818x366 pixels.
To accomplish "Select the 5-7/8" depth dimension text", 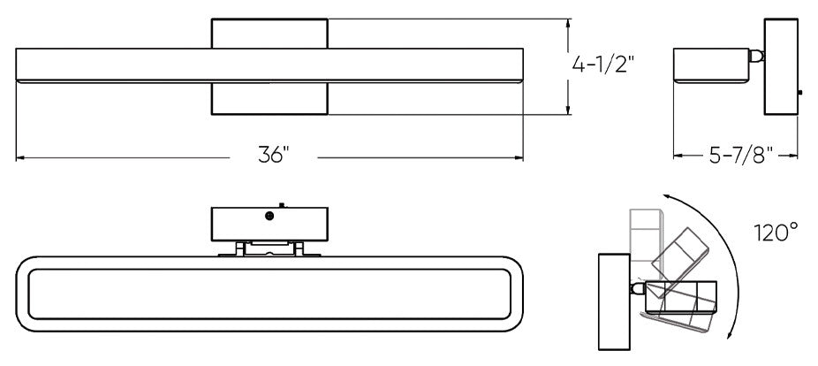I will [741, 156].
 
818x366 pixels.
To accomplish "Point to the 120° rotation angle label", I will [776, 233].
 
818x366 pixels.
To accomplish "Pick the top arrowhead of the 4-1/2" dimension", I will [567, 24].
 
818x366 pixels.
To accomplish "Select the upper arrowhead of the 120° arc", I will [669, 200].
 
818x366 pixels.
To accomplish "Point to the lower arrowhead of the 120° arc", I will [729, 334].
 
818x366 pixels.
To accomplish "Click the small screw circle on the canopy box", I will [269, 215].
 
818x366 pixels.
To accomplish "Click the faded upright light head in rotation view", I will [645, 234].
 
